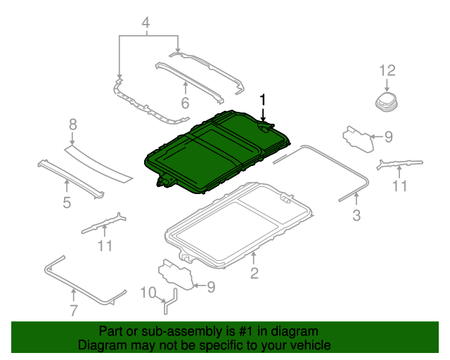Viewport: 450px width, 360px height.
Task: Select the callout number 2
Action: [255, 273]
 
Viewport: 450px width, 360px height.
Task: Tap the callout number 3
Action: [356, 215]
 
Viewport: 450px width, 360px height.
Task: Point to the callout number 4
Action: [146, 25]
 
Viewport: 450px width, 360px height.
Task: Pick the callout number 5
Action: [66, 203]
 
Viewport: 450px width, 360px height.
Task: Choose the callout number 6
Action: [185, 103]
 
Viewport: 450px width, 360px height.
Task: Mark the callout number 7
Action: [74, 311]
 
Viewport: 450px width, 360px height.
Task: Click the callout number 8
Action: [72, 124]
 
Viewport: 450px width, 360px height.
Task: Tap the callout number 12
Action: [387, 70]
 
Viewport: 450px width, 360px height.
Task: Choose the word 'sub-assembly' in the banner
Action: [170, 331]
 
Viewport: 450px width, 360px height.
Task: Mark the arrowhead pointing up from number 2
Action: [255, 254]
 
